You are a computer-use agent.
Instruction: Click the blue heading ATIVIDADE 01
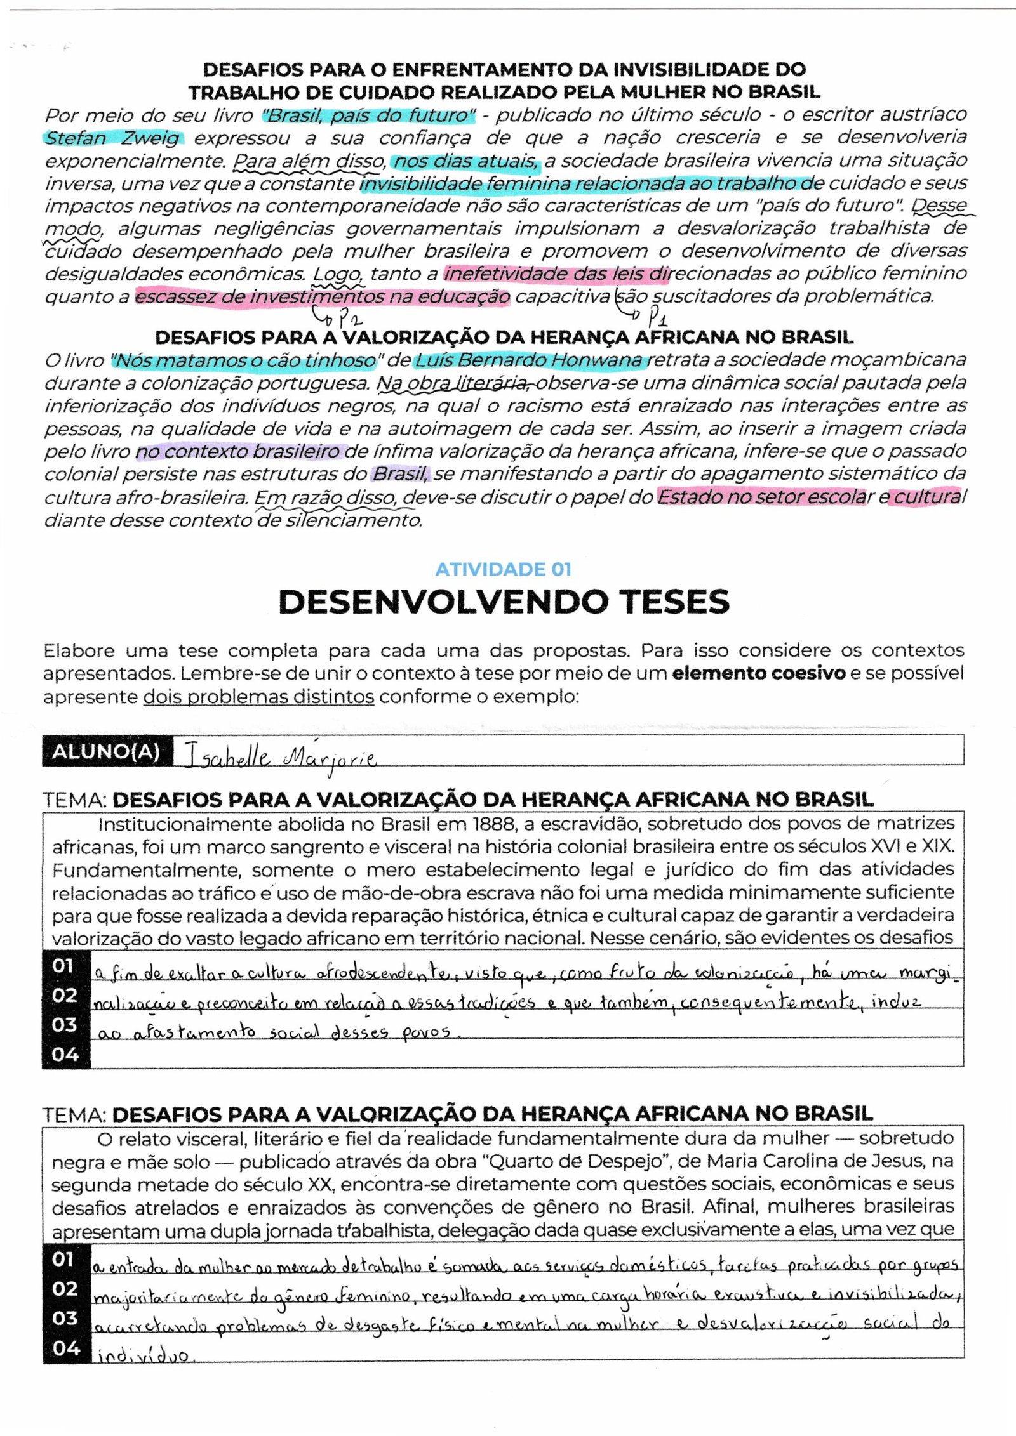tap(503, 569)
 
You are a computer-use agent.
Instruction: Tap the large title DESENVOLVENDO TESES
tap(504, 602)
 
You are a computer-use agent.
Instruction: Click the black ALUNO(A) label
tap(106, 751)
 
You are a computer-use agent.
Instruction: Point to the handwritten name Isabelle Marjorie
tap(279, 757)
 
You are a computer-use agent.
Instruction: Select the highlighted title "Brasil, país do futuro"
tap(368, 115)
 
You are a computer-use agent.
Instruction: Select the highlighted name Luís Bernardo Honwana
tap(530, 360)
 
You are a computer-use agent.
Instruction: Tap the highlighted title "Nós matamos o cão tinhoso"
tap(244, 360)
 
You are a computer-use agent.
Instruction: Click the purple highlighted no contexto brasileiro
tap(239, 452)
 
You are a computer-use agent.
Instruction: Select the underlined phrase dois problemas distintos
tap(258, 697)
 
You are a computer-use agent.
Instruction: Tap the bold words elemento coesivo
tap(758, 673)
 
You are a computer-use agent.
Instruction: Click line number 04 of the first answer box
tap(65, 1055)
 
